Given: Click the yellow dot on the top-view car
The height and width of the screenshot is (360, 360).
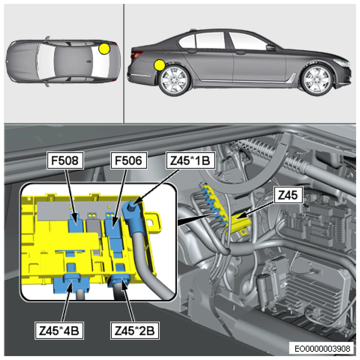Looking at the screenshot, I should tap(104, 49).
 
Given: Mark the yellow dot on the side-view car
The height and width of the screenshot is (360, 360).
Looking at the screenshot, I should tap(160, 65).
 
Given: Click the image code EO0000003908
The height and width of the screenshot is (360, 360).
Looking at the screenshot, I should tap(323, 348).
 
